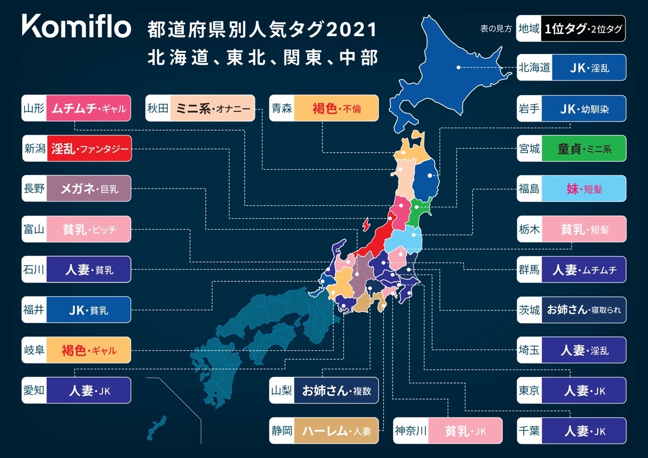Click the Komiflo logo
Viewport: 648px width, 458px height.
(x=76, y=27)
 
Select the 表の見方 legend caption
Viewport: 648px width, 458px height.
(x=496, y=29)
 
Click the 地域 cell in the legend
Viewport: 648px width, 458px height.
(x=528, y=29)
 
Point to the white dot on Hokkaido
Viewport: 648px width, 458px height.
(x=458, y=68)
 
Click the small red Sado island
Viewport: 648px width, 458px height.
(x=367, y=223)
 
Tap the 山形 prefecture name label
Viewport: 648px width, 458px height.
(x=33, y=108)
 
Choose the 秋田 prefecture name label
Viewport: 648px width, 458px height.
(x=158, y=108)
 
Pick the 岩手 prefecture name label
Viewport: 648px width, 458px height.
(x=529, y=108)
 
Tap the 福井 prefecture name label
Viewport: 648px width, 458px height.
(x=33, y=309)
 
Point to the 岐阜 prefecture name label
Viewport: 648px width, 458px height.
(x=33, y=350)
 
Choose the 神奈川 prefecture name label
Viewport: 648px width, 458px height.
(x=411, y=430)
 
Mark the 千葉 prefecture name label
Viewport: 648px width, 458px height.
(x=529, y=430)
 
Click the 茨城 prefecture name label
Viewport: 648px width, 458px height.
(x=529, y=309)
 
